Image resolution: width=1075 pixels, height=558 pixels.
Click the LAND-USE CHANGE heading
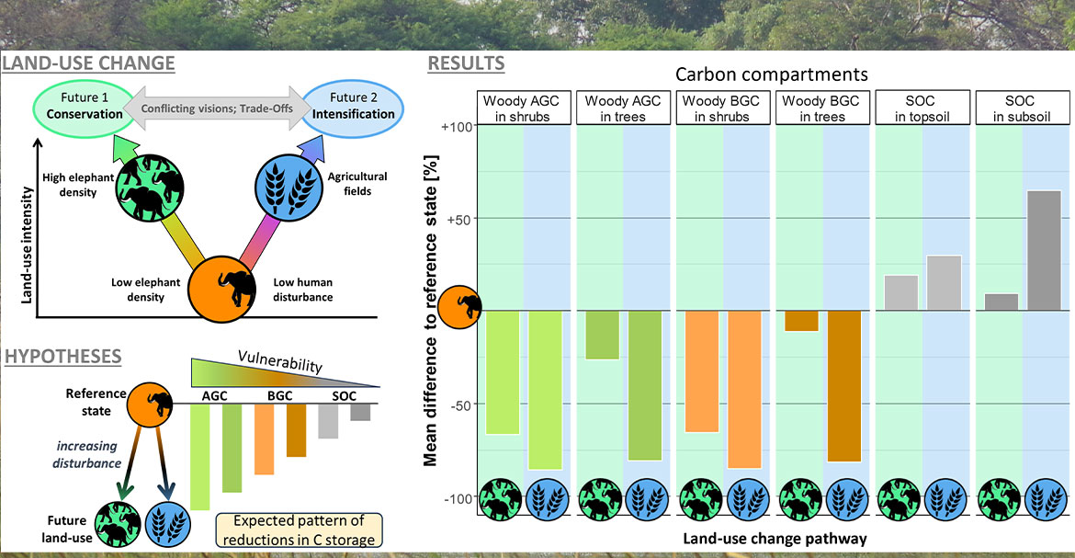pos(89,63)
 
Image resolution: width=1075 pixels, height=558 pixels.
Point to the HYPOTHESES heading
pos(63,357)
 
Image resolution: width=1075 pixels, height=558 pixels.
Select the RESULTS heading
pos(465,63)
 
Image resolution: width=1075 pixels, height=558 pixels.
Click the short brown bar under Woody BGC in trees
pos(802,321)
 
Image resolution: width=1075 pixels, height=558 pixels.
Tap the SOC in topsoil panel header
pos(921,108)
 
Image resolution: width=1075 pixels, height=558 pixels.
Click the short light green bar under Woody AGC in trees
pos(602,335)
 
